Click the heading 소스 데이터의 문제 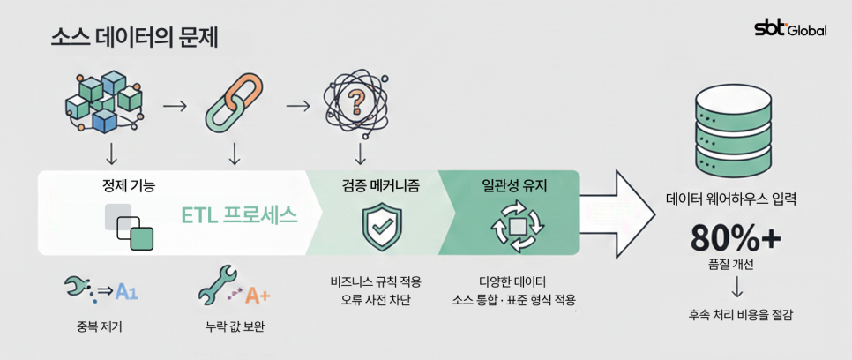tap(134, 38)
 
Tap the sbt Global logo tap(790, 28)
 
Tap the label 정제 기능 tap(129, 186)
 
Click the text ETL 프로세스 tap(239, 216)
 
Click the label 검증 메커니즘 tap(380, 186)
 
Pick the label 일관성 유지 tap(515, 186)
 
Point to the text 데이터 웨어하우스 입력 tap(731, 199)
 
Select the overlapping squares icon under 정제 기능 tap(130, 227)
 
